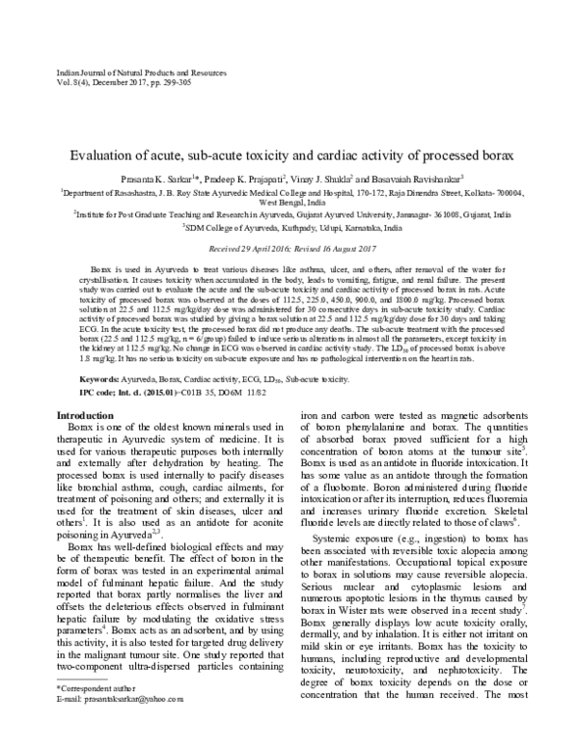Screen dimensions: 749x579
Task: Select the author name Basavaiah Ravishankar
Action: [416, 179]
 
